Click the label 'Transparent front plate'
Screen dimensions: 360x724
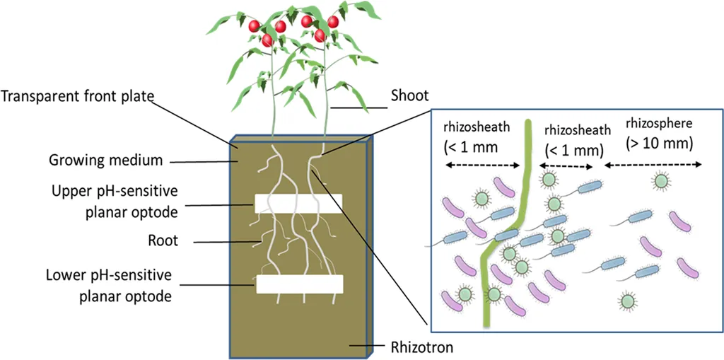click(x=77, y=96)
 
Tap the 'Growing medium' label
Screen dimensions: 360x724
click(x=105, y=161)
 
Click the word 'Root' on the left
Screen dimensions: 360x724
click(x=164, y=241)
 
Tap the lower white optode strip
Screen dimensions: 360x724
click(x=300, y=284)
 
